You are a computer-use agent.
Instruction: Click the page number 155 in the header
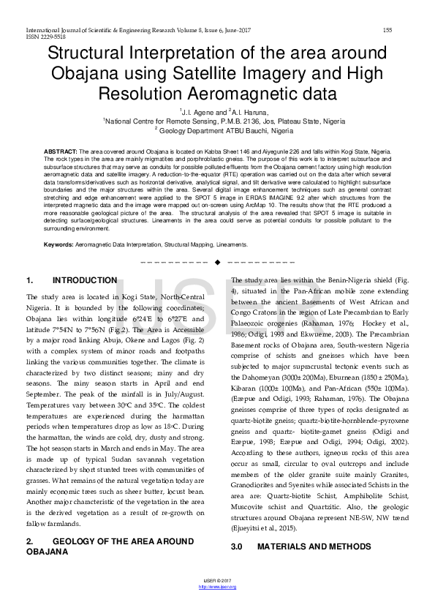[x=387, y=29]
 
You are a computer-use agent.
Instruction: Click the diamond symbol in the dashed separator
[x=217, y=262]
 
